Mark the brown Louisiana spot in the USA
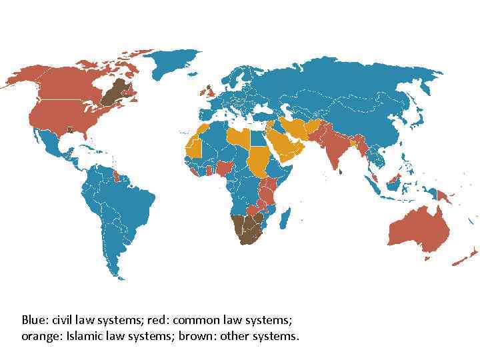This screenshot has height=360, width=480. [x=69, y=129]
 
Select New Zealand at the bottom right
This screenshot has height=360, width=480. [x=467, y=257]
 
